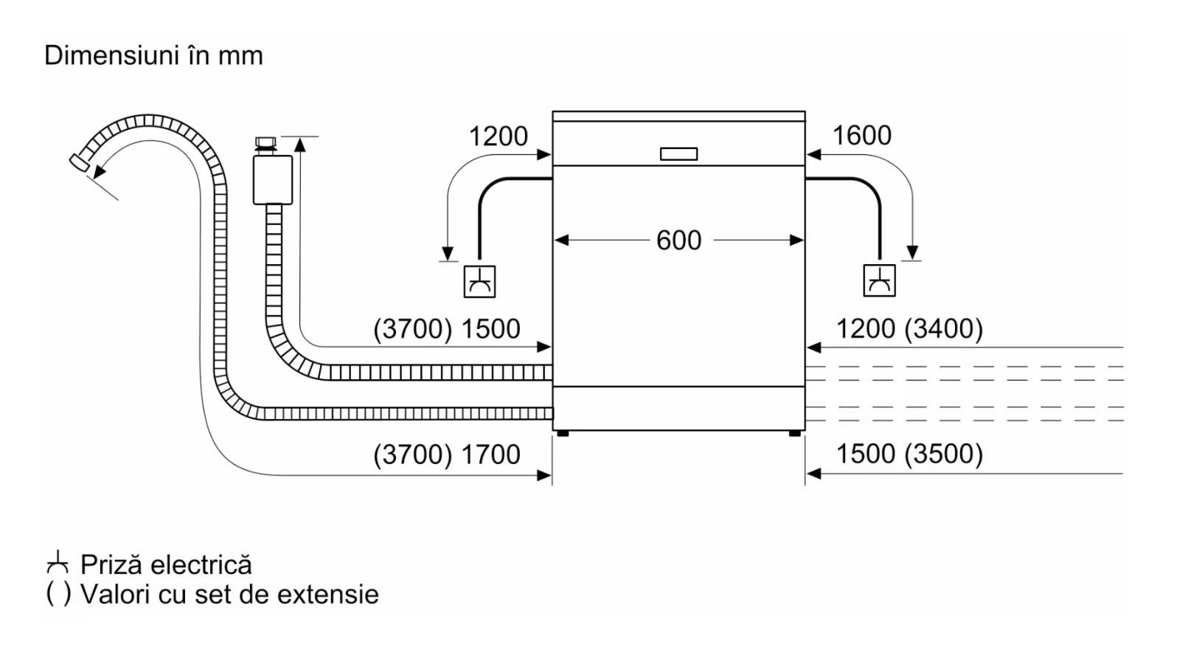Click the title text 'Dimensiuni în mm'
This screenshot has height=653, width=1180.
point(153,55)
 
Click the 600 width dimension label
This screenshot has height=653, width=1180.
point(678,241)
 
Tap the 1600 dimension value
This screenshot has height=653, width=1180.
point(862,135)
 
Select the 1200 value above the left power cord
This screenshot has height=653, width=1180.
point(498,136)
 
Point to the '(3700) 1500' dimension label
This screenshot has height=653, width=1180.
point(447,329)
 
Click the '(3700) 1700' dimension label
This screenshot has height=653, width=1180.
point(447,455)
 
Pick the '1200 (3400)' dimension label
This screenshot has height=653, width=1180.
point(910,329)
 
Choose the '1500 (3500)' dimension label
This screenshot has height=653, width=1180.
point(910,454)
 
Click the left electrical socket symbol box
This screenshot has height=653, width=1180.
point(479,281)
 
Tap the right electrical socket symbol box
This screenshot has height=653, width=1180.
point(879,280)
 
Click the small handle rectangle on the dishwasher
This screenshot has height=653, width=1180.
point(678,153)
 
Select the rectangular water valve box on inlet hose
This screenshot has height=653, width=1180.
point(273,180)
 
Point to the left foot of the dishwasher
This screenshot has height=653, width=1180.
point(563,433)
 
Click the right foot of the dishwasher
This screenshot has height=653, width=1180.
point(795,433)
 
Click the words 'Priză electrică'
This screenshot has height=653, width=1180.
point(166,565)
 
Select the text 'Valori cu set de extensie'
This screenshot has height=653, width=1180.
point(229,595)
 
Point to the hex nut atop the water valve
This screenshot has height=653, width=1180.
point(265,142)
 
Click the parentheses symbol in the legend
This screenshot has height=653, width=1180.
point(58,594)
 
